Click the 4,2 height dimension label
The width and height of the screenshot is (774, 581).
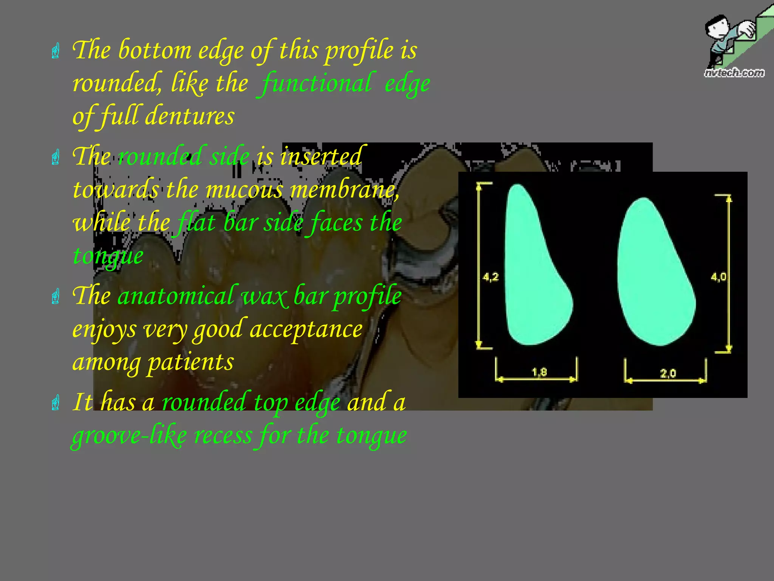coord(491,277)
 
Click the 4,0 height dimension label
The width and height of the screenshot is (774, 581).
coord(718,277)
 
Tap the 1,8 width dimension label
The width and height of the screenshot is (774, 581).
coord(539,372)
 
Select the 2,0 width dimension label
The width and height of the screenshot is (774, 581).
coord(668,374)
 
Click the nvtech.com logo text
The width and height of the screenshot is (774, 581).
coord(734,73)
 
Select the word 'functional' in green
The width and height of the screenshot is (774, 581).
coord(316,83)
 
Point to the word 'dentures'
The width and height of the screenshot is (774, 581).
coord(190,116)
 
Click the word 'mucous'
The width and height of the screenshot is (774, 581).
coord(244,189)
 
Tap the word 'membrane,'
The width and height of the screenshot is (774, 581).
coord(344,189)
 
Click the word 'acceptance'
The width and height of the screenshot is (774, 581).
coord(306,329)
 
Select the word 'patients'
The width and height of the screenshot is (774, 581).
coord(190,362)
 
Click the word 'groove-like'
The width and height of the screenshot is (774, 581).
coord(129,435)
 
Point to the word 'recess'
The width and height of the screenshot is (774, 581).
coord(223,435)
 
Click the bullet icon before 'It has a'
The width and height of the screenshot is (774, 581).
coord(56,402)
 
